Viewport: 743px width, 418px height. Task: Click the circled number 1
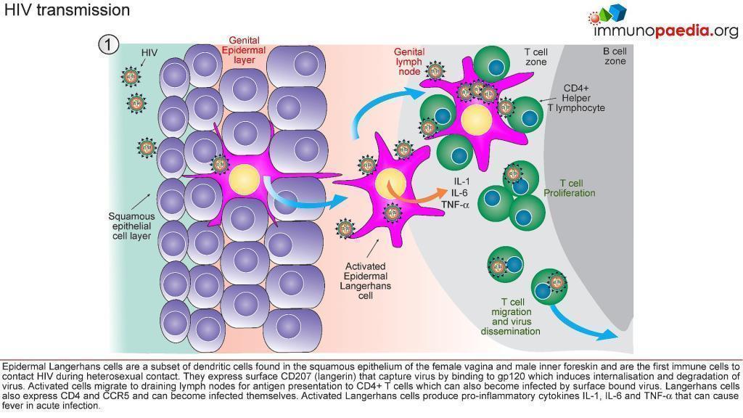pyautogui.click(x=108, y=44)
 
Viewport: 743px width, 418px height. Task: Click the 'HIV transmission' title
pyautogui.click(x=67, y=10)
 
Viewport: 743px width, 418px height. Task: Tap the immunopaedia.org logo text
pyautogui.click(x=665, y=31)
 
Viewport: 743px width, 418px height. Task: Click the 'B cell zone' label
pyautogui.click(x=615, y=57)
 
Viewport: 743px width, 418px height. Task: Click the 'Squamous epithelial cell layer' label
pyautogui.click(x=131, y=226)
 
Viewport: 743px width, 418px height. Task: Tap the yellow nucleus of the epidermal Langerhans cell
pyautogui.click(x=243, y=179)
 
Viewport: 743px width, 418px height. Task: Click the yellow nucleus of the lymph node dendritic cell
pyautogui.click(x=477, y=118)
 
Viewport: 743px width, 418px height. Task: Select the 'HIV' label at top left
pyautogui.click(x=149, y=53)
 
